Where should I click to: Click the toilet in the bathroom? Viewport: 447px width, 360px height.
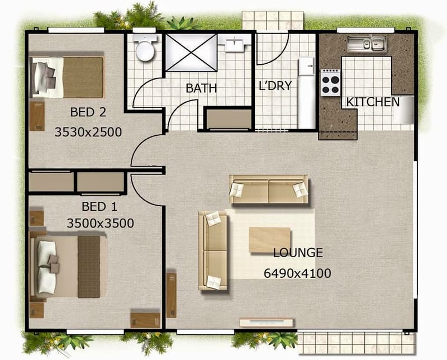tap(145, 49)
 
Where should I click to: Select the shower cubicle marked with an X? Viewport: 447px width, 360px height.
tap(191, 52)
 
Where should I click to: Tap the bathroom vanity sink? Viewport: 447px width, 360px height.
tap(235, 44)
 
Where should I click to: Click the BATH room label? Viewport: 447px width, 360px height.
tap(201, 88)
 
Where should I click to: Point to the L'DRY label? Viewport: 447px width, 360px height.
tap(275, 87)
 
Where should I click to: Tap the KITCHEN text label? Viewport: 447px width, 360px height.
tap(373, 102)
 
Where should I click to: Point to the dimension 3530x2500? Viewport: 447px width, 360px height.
tap(88, 132)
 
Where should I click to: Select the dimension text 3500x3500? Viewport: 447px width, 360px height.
tap(100, 224)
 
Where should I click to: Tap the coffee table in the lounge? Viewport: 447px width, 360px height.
tap(269, 240)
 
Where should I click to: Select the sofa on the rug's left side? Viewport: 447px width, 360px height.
tap(213, 250)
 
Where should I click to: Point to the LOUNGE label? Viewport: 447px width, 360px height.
tap(298, 253)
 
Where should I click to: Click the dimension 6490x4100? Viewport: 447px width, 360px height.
tap(297, 273)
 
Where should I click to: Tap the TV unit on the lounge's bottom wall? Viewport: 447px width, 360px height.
tap(267, 323)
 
